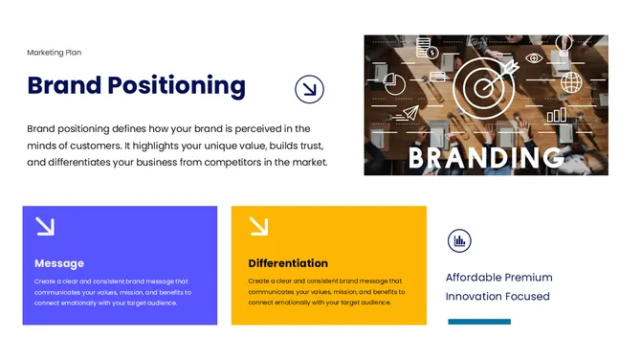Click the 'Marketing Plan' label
[x=55, y=53]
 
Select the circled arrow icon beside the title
[x=309, y=90]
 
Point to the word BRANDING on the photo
[x=486, y=157]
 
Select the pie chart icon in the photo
[x=395, y=85]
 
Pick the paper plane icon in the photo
[x=409, y=114]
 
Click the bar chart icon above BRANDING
[x=556, y=116]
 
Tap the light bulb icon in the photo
[x=564, y=45]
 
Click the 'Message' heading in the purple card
[x=59, y=263]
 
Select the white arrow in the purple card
[x=45, y=226]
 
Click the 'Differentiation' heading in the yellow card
[x=288, y=263]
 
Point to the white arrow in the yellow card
[x=258, y=226]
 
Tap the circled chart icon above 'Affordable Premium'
[x=459, y=241]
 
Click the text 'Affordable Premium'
[x=498, y=278]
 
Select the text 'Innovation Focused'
[x=497, y=297]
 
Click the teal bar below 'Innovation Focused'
[x=479, y=322]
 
